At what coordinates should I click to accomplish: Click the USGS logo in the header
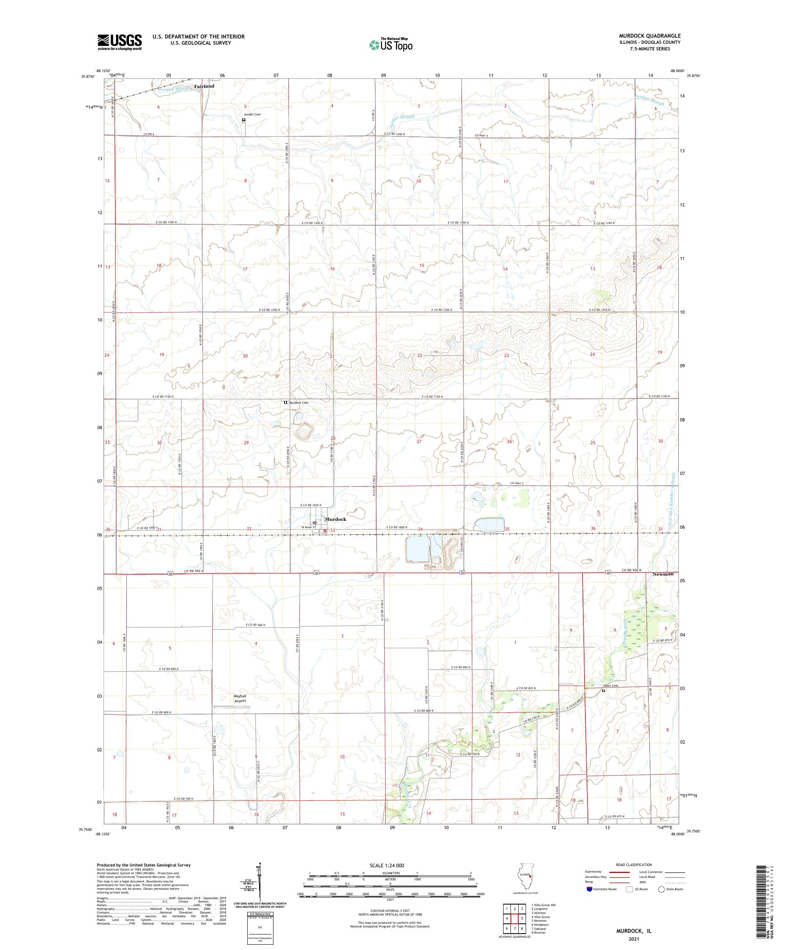[x=120, y=43]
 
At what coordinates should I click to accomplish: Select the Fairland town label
[x=204, y=86]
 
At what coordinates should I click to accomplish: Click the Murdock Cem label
[x=299, y=402]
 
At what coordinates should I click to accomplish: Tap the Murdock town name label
[x=335, y=519]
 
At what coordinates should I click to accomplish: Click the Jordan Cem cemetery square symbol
[x=244, y=120]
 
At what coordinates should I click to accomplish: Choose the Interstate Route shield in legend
[x=589, y=889]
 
